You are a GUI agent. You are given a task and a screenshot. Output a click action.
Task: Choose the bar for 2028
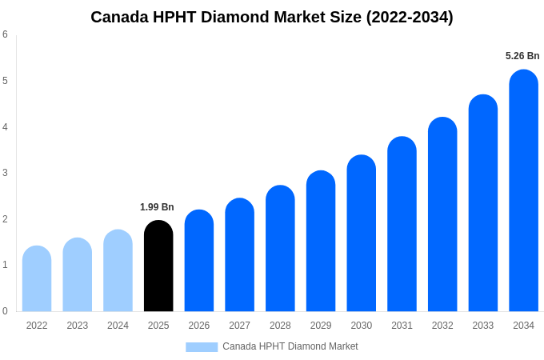point(280,248)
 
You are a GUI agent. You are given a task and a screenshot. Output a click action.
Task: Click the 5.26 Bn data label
point(522,56)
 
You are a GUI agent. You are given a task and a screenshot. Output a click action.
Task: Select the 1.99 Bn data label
point(157,207)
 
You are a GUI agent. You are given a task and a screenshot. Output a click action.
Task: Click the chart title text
point(271,17)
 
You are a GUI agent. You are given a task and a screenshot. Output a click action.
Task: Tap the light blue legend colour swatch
point(202,346)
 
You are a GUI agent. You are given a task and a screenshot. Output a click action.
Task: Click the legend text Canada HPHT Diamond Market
point(290,346)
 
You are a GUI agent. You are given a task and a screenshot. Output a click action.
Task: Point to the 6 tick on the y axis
point(5,34)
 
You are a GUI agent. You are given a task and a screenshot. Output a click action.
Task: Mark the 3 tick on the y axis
point(5,173)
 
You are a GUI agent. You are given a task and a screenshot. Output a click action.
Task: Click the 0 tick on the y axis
point(5,311)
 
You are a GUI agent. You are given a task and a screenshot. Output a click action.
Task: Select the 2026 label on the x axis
point(199,326)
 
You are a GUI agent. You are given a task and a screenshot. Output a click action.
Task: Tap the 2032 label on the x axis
point(442,326)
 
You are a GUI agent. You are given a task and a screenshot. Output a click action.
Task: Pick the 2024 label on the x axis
point(118,326)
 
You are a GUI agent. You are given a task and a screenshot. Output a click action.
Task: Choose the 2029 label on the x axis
point(321,326)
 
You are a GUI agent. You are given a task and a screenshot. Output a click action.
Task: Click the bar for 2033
point(483,203)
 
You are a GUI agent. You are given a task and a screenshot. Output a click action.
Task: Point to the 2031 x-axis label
point(402,326)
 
